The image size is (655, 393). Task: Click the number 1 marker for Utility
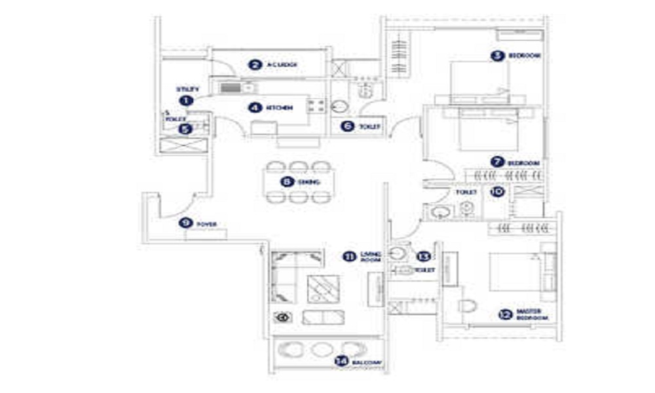coord(187,101)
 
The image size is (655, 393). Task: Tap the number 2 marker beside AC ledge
coord(254,64)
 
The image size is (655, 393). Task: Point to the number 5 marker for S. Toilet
coord(186,129)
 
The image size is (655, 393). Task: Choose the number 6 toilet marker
coord(348,126)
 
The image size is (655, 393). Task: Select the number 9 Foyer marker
coord(185,223)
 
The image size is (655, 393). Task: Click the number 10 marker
coord(498,192)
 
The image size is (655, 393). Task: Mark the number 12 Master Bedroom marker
coord(504,314)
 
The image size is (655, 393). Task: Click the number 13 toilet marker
coord(424,256)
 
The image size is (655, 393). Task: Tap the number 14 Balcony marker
coord(340,361)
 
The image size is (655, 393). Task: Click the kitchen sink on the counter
coord(231,87)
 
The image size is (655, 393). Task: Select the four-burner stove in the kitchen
coord(318,104)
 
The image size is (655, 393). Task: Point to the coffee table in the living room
coord(322,286)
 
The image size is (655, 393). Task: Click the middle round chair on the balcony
coord(321,349)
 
